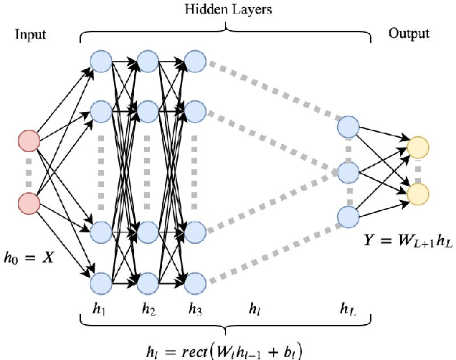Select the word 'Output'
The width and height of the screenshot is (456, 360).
coord(409,34)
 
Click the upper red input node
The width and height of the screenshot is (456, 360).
coord(29,142)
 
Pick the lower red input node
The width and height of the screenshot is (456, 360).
coord(29,203)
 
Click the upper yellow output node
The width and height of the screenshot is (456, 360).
coord(418,148)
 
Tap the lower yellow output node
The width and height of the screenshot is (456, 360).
coord(418,194)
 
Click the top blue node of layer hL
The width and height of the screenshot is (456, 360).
coord(348,127)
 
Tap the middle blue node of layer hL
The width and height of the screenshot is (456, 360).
coord(348,172)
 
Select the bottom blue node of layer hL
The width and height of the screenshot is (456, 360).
coord(348,217)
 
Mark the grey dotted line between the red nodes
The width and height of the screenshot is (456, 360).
coord(29,173)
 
